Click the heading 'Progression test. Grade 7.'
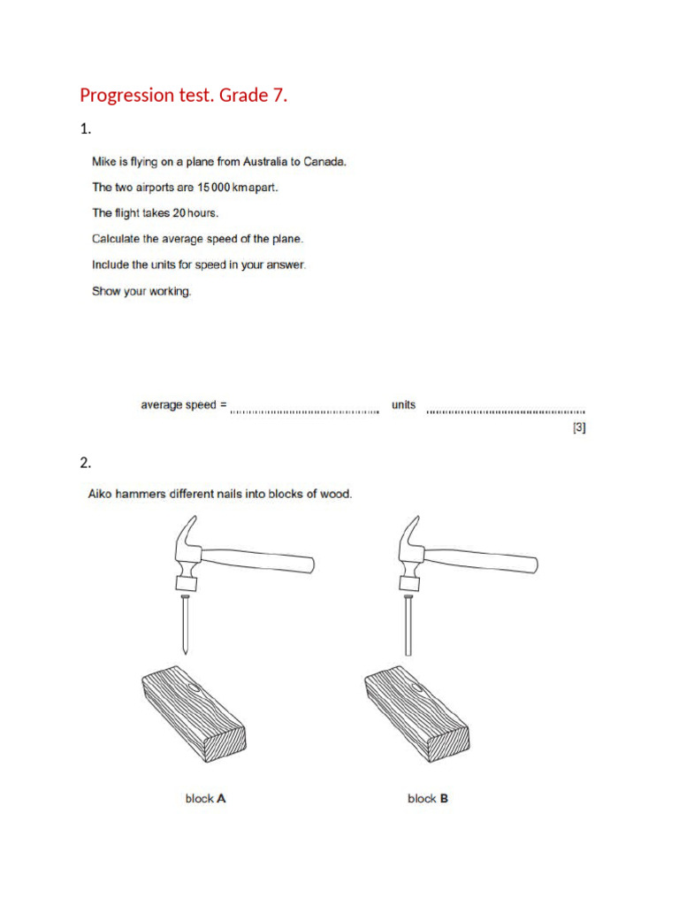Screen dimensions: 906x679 pyautogui.click(x=184, y=96)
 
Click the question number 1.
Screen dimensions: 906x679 pyautogui.click(x=85, y=129)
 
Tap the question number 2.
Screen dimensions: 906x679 pyautogui.click(x=85, y=463)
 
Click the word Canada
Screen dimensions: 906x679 pyautogui.click(x=324, y=162)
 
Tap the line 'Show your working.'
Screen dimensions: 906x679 pyautogui.click(x=141, y=291)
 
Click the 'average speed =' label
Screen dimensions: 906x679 pyautogui.click(x=184, y=405)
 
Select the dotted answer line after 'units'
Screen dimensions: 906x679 pyautogui.click(x=505, y=410)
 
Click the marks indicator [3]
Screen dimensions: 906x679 pyautogui.click(x=579, y=428)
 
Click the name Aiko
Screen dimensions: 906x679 pyautogui.click(x=102, y=494)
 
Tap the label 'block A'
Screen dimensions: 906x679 pyautogui.click(x=205, y=798)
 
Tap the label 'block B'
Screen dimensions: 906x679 pyautogui.click(x=428, y=798)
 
